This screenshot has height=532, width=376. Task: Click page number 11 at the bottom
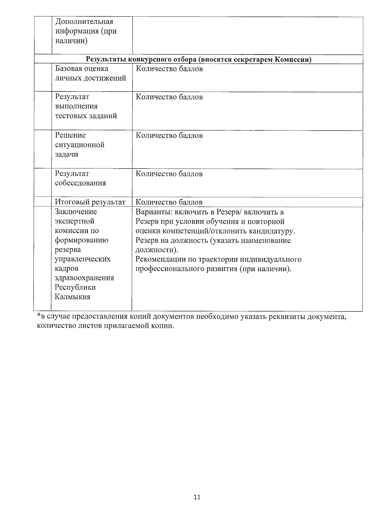[197, 497]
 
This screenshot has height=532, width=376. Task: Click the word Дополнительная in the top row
[84, 22]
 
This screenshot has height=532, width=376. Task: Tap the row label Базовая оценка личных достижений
[90, 73]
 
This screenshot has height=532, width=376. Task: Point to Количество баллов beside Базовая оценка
[169, 69]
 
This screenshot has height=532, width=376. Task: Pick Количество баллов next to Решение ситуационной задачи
[169, 135]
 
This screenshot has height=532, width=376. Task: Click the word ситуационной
[80, 145]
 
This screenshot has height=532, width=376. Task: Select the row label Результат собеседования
[80, 178]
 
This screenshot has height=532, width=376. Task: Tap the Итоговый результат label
[90, 202]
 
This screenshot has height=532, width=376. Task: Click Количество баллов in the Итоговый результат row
[169, 202]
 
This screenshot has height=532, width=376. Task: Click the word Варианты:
[154, 212]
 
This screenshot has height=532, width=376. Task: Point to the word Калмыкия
[73, 297]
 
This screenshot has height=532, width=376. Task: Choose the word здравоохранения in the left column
[84, 278]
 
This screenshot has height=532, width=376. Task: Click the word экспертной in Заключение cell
[75, 221]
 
